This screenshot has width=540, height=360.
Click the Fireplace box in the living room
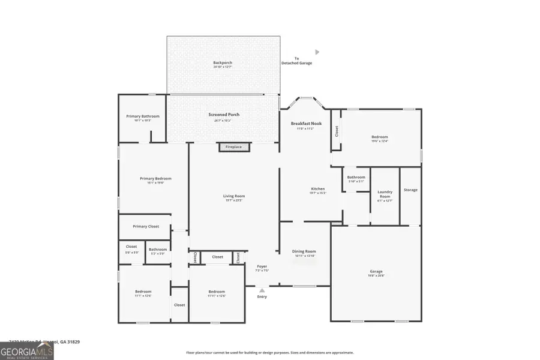233,147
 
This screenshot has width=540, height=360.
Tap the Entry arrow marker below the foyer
262,291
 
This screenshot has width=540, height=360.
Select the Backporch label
223,63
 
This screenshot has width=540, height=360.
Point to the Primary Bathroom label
143,116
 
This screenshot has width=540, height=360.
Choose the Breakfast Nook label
306,124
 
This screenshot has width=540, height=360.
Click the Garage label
376,272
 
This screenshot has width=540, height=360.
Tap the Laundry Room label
385,194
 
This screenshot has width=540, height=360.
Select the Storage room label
410,190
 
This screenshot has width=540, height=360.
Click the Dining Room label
304,252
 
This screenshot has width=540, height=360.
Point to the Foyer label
262,266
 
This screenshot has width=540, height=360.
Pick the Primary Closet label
146,227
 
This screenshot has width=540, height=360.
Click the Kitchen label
317,189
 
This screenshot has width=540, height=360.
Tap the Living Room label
234,196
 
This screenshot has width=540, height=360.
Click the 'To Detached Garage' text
296,61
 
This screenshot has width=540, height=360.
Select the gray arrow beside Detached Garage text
317,52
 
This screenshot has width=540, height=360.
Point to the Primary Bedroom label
155,179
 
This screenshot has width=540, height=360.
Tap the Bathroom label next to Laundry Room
356,178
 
